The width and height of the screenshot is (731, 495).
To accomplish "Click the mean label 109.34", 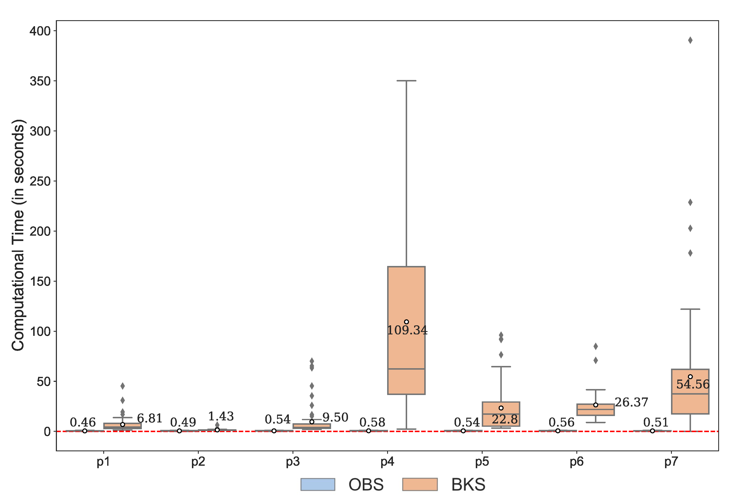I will (x=407, y=330).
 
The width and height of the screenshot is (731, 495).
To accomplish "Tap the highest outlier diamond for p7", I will (x=690, y=40).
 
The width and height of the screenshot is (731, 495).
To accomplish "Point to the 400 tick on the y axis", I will (x=40, y=31).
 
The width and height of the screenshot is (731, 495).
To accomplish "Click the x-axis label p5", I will (x=482, y=462).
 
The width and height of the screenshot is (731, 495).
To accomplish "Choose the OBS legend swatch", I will (x=317, y=484).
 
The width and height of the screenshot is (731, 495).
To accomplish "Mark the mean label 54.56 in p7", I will (x=693, y=384).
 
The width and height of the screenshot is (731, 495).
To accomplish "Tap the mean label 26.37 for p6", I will (x=631, y=402).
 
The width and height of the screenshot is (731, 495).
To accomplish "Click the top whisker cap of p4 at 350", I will (x=406, y=81).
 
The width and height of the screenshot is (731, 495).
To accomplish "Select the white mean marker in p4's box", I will (x=406, y=322).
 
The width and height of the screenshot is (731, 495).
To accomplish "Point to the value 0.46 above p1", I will (x=82, y=422).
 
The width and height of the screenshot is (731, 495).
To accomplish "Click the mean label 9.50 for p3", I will (x=335, y=417).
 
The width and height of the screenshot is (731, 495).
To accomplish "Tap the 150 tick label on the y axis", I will (x=40, y=281).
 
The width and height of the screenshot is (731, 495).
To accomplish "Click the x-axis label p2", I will (x=198, y=462).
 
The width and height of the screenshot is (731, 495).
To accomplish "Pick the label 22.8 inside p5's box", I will (x=504, y=419).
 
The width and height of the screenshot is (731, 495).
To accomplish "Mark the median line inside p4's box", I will (x=406, y=369).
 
